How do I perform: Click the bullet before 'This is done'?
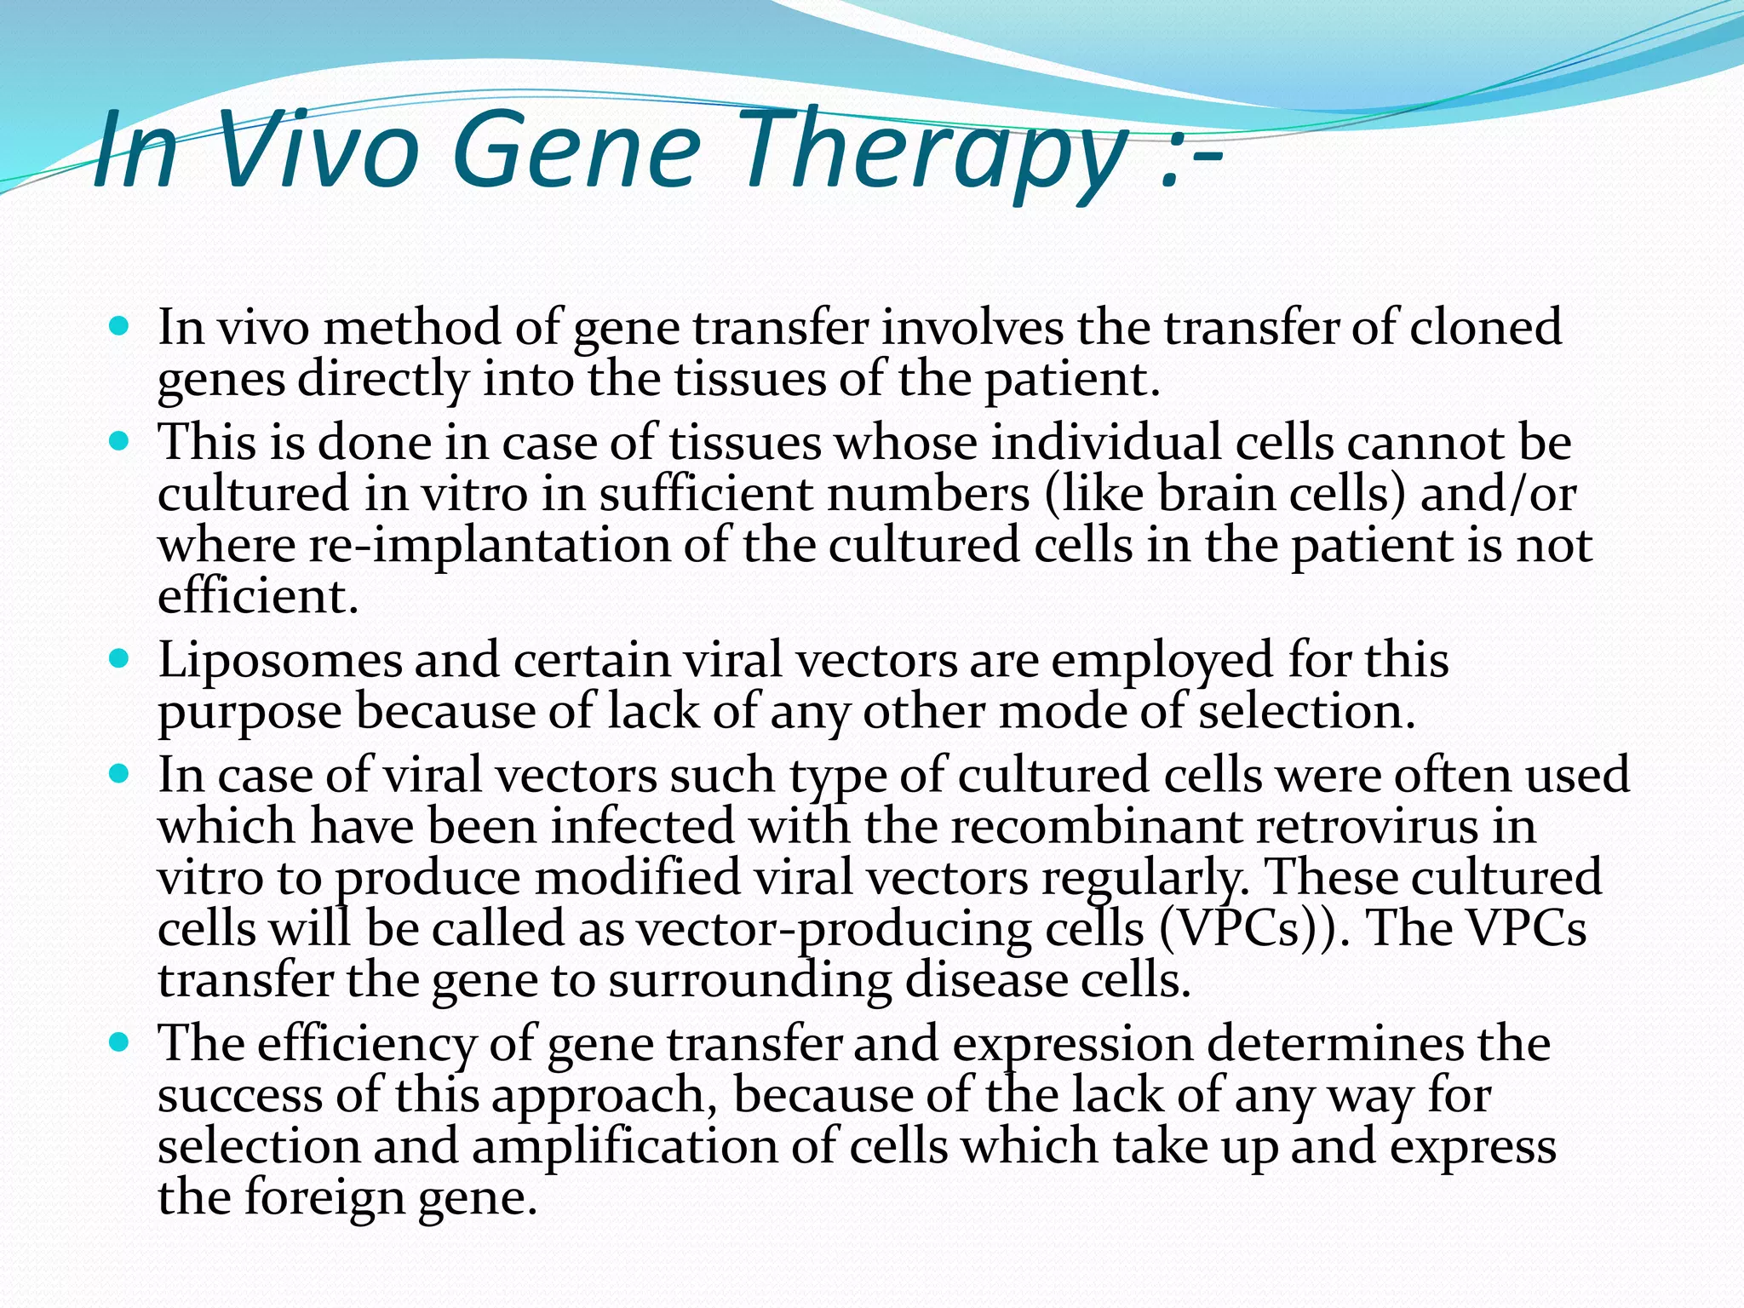tap(119, 442)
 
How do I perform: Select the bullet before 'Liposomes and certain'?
tap(119, 659)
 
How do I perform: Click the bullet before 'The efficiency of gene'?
tap(119, 1042)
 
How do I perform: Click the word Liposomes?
tap(279, 661)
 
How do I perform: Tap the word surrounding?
tap(749, 980)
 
